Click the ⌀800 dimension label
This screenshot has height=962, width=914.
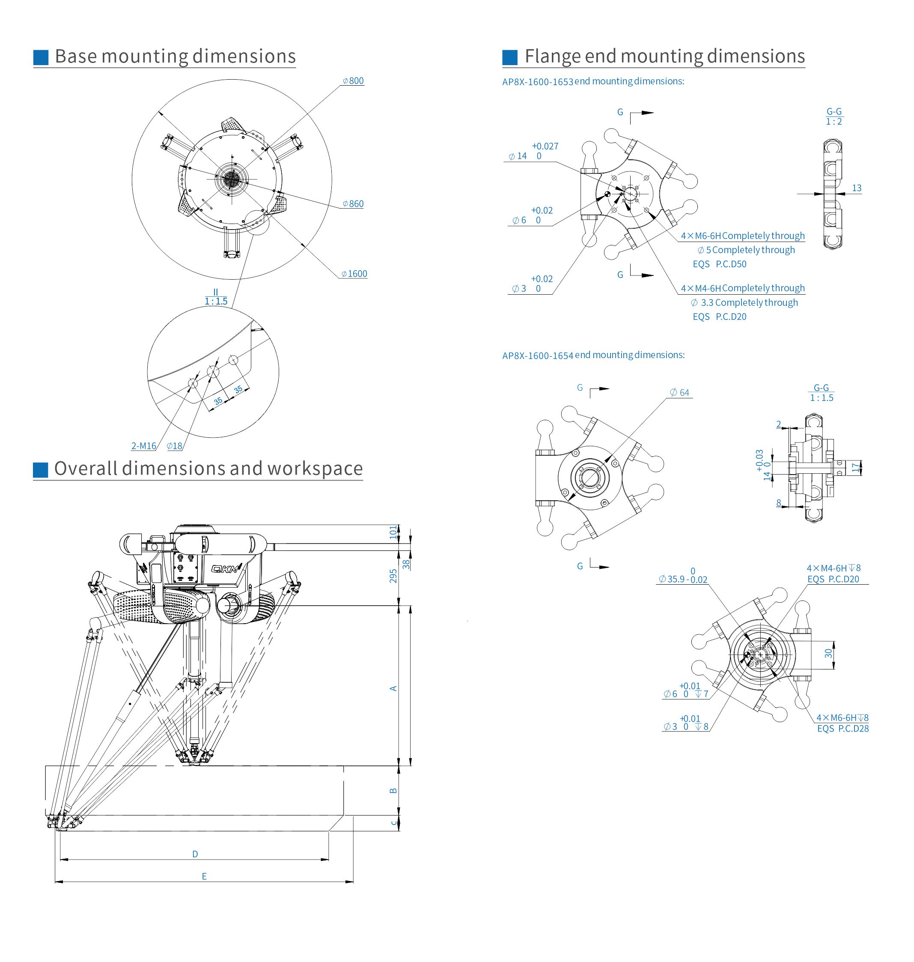pyautogui.click(x=353, y=81)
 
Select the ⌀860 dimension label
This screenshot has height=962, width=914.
pyautogui.click(x=353, y=204)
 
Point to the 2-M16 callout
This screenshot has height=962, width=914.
pyautogui.click(x=144, y=445)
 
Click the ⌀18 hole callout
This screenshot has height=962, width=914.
pyautogui.click(x=174, y=445)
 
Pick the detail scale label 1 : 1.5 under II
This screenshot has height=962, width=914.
pyautogui.click(x=216, y=301)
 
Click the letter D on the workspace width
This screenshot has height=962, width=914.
pyautogui.click(x=195, y=854)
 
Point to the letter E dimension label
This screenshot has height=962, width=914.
pyautogui.click(x=204, y=876)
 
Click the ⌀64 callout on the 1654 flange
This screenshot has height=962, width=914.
pyautogui.click(x=680, y=392)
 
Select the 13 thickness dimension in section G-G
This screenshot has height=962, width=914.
pyautogui.click(x=857, y=188)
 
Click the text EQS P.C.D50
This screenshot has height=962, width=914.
pyautogui.click(x=720, y=264)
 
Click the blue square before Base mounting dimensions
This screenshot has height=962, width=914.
pyautogui.click(x=41, y=57)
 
